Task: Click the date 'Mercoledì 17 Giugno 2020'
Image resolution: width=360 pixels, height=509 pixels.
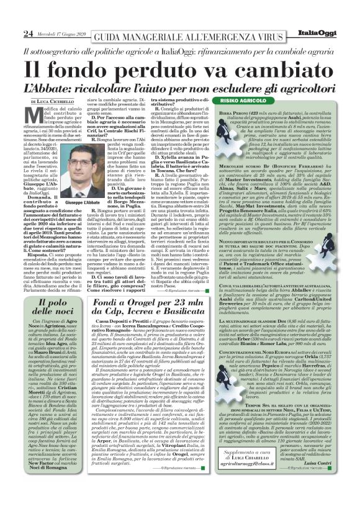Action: [x=60, y=34]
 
